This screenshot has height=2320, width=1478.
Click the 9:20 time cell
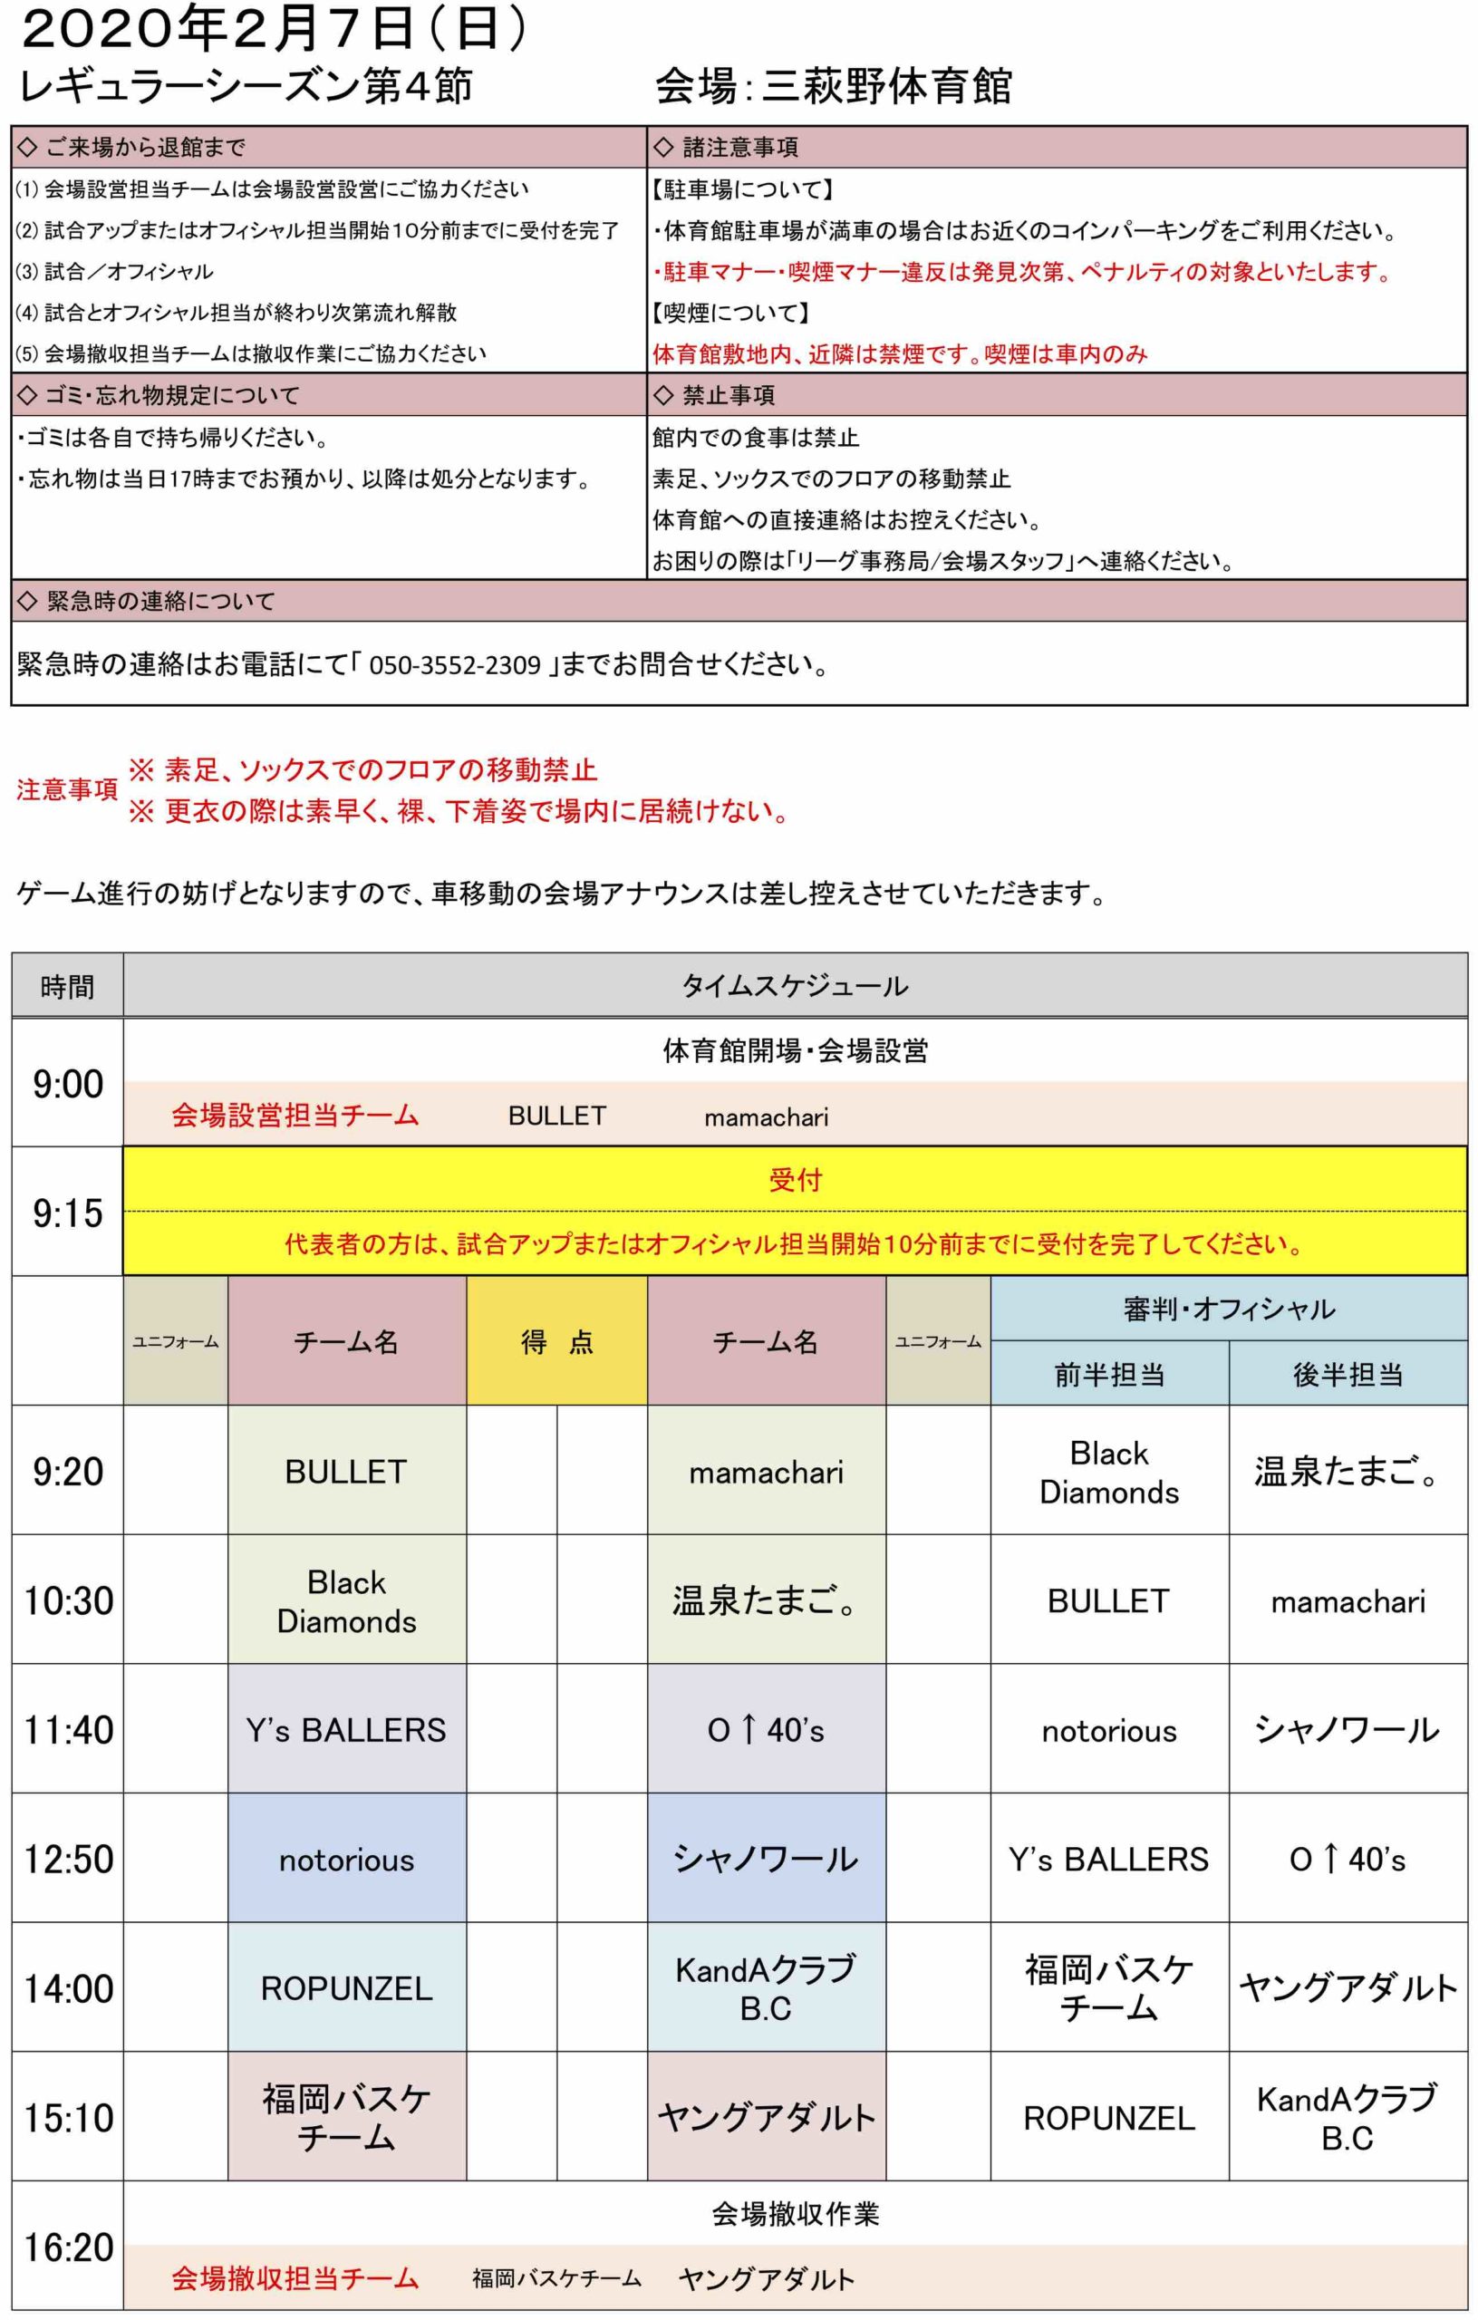[x=67, y=1472]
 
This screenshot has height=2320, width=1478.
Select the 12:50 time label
[x=67, y=1860]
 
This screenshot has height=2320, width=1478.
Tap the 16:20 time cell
[x=67, y=2247]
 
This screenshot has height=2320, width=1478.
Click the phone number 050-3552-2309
[x=455, y=666]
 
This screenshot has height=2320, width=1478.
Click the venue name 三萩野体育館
[x=886, y=87]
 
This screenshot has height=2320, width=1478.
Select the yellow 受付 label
[x=795, y=1179]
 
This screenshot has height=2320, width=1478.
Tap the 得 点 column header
[x=557, y=1342]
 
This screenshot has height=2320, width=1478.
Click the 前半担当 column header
[x=1109, y=1375]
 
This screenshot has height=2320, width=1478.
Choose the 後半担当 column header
[x=1348, y=1375]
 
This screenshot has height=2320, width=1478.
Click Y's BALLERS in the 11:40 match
[x=347, y=1730]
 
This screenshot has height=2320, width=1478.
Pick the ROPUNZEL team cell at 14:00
[x=347, y=1988]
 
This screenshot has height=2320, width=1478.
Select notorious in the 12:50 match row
[x=347, y=1860]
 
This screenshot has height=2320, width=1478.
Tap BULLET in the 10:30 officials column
[x=1109, y=1601]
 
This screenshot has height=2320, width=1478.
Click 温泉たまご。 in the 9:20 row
[x=1348, y=1472]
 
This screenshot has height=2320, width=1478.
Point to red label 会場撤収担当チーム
[x=295, y=2278]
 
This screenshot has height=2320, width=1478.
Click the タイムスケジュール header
[x=795, y=986]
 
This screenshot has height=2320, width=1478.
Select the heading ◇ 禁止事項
[x=715, y=395]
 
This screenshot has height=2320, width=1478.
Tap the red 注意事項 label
[x=66, y=790]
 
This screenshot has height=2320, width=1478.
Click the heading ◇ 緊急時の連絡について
[x=147, y=601]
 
